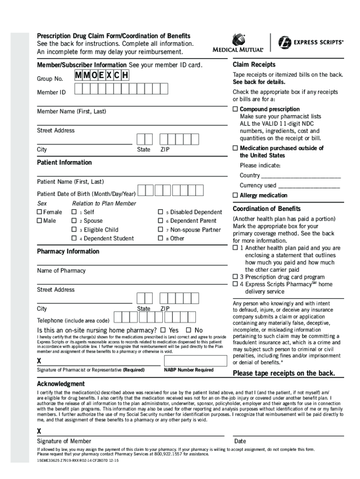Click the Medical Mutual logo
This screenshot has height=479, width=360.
(238, 43)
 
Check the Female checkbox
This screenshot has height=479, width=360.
(39, 212)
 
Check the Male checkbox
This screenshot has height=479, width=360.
(39, 221)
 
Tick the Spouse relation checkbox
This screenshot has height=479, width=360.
(74, 221)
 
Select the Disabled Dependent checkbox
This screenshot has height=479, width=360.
(160, 212)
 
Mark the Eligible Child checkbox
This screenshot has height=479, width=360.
(74, 230)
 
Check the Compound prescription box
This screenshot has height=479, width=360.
(235, 109)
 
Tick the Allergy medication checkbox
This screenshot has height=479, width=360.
(235, 195)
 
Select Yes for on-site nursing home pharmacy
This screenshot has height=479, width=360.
(163, 330)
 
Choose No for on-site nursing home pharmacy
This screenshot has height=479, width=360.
(188, 330)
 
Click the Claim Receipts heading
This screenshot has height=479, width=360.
(254, 65)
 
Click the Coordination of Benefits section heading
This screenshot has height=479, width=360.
(266, 209)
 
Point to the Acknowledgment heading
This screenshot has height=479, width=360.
(61, 384)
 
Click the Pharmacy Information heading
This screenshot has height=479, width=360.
(68, 251)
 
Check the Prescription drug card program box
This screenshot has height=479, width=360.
(235, 277)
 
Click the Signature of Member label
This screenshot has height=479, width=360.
(64, 441)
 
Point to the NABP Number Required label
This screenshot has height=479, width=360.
(189, 370)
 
